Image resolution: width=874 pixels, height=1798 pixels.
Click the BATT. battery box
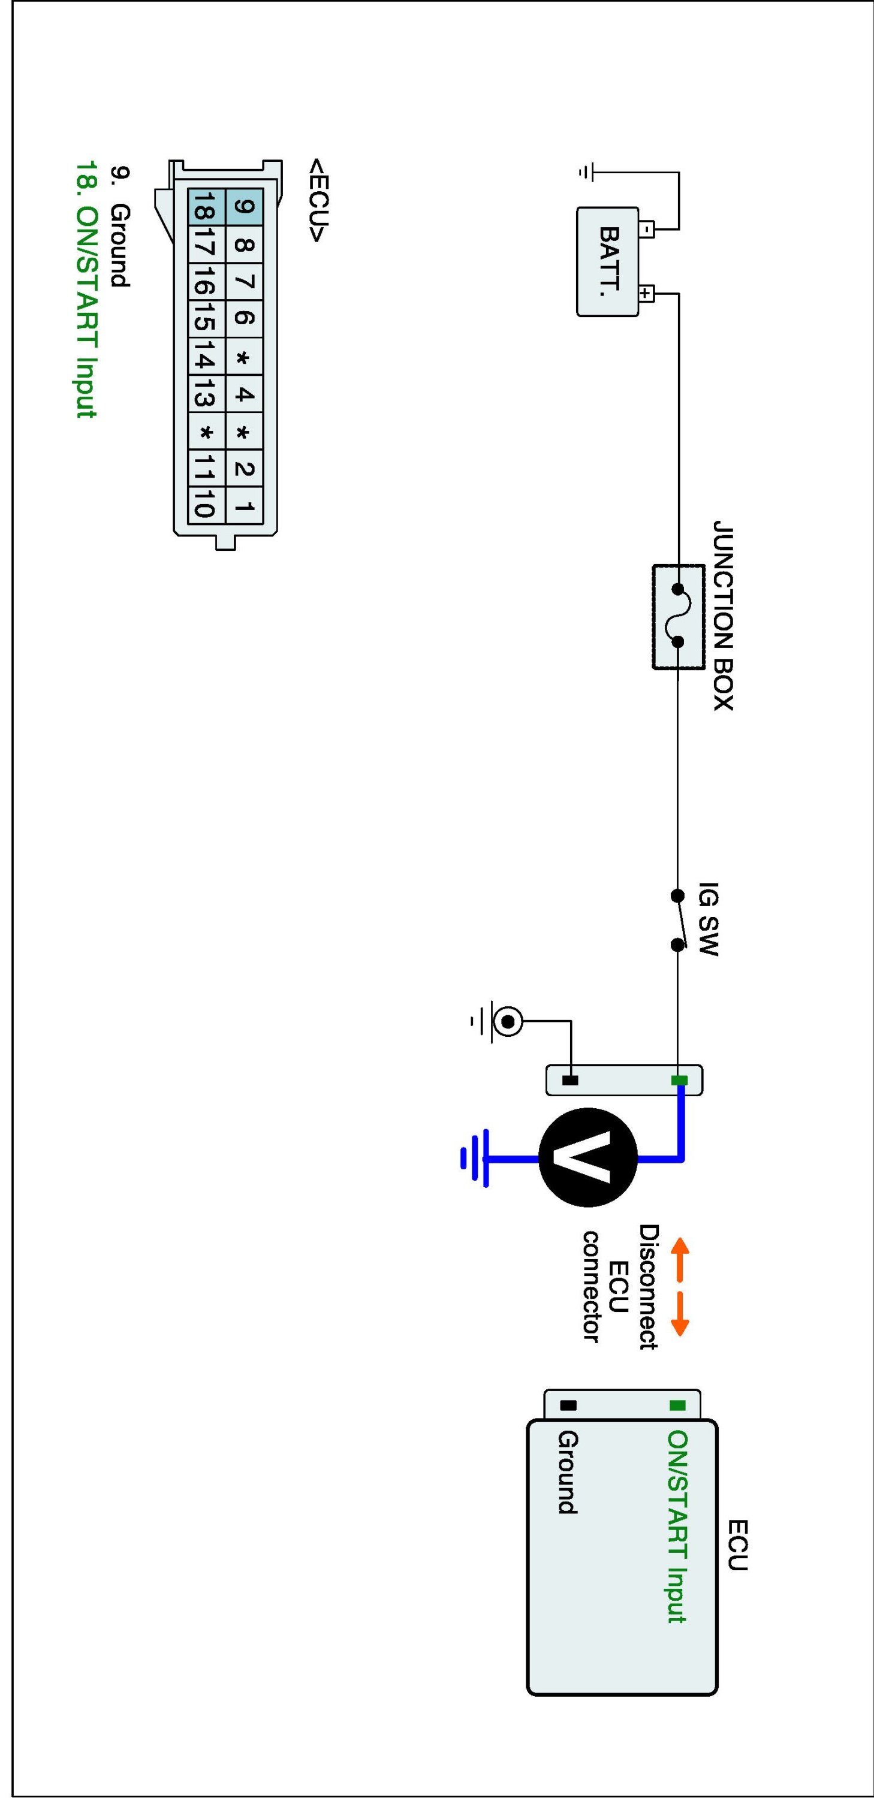(607, 262)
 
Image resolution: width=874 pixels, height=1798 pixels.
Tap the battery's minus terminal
(647, 229)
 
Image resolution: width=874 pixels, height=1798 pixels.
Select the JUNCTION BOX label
(723, 615)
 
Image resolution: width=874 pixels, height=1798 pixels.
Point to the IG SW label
(708, 919)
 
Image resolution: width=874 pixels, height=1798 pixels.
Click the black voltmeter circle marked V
(588, 1158)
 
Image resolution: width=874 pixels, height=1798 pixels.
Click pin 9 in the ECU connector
(245, 207)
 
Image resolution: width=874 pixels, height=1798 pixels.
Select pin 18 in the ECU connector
(206, 207)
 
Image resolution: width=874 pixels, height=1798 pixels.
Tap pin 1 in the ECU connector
(245, 506)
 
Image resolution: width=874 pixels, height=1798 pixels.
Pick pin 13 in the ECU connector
(206, 395)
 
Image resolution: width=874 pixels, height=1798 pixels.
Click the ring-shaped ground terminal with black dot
(508, 1022)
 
